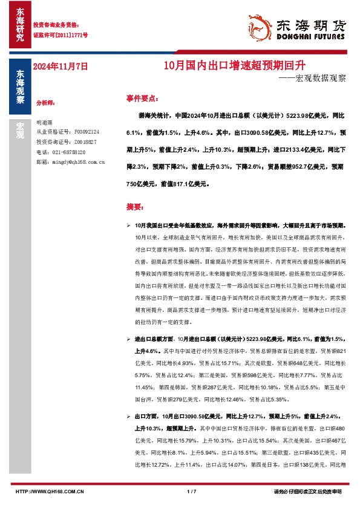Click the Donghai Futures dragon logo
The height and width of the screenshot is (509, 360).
click(x=261, y=25)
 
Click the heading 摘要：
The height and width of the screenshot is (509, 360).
click(x=134, y=206)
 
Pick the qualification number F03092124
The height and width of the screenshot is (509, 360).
click(x=90, y=131)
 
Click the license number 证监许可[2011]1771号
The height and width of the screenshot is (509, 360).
click(x=60, y=36)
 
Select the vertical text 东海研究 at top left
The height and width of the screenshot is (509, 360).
click(x=20, y=25)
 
